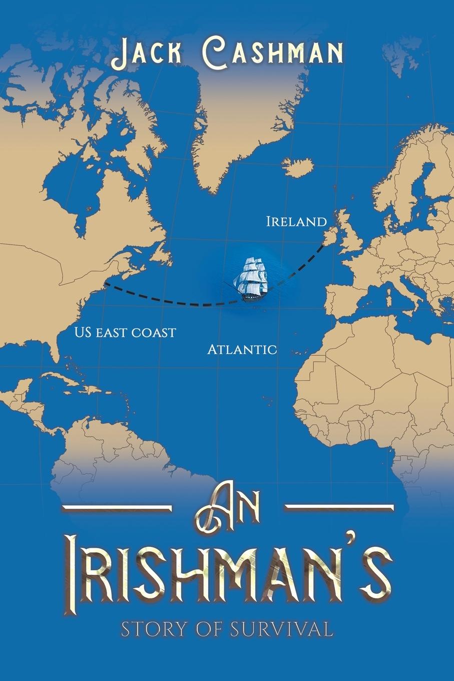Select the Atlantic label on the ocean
coord(242,349)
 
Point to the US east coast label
coord(125,331)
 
